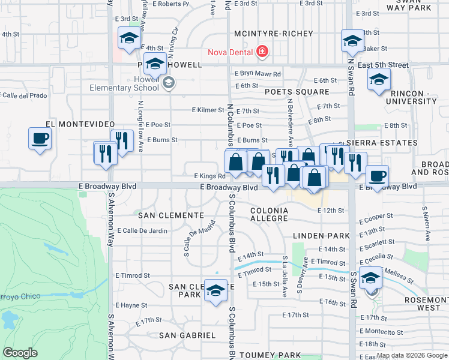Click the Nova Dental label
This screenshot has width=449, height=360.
click(231, 52)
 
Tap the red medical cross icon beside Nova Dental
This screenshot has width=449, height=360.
click(262, 52)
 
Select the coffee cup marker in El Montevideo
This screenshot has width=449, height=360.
click(40, 139)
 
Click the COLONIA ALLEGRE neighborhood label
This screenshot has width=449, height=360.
click(270, 215)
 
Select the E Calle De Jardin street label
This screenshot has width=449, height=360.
click(142, 230)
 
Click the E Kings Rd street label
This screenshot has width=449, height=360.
click(209, 176)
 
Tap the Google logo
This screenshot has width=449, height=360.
click(20, 353)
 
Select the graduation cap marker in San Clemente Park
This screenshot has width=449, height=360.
click(215, 290)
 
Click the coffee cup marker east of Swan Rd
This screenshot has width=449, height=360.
click(377, 176)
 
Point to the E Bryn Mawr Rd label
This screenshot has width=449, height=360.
click(258, 74)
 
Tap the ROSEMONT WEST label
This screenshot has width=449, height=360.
click(424, 303)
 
